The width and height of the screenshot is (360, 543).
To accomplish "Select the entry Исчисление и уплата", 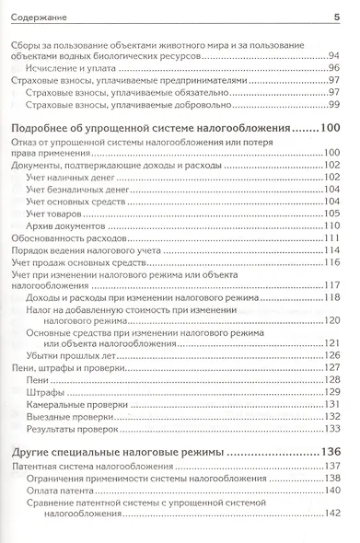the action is coord(72,67).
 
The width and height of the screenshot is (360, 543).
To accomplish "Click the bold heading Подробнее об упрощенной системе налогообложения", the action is coord(162,128).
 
